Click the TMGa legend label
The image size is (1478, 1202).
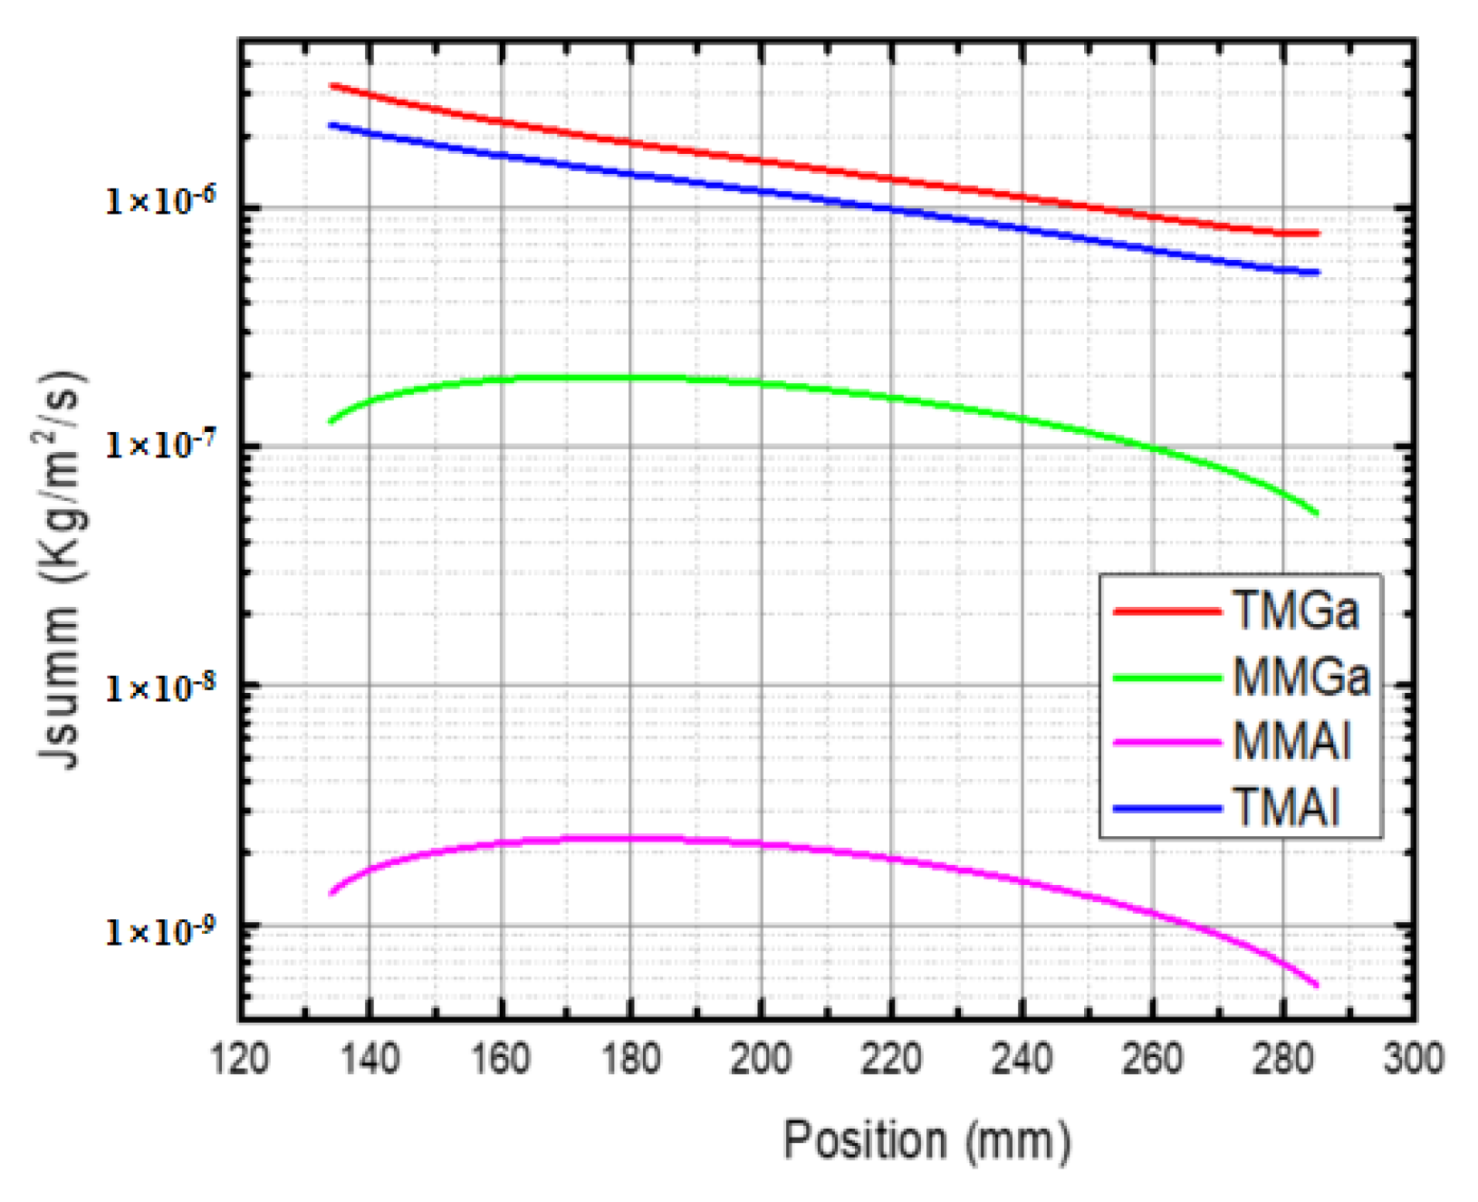[1296, 611]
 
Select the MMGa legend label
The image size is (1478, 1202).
[1301, 678]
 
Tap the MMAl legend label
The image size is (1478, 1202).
[1292, 742]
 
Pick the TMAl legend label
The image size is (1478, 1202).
[1286, 807]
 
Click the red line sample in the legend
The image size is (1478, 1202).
[1166, 612]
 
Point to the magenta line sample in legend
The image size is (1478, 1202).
[1166, 742]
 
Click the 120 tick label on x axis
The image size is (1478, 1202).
[240, 1058]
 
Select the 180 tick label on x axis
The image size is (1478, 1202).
[630, 1058]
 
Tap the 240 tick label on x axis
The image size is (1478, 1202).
[1022, 1058]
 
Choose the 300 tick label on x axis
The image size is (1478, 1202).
[1413, 1058]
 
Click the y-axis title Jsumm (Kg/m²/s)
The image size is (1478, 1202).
[62, 571]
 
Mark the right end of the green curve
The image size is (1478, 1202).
[1317, 514]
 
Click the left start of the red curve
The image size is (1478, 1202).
[331, 86]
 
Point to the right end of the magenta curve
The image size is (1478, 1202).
[1317, 986]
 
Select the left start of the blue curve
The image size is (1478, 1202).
[331, 125]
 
